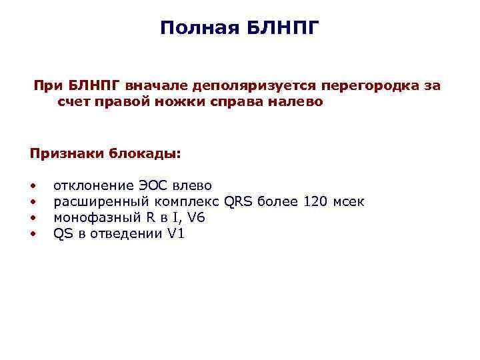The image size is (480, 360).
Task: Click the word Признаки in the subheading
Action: pyautogui.click(x=65, y=153)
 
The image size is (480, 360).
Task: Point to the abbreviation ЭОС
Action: pyautogui.click(x=158, y=185)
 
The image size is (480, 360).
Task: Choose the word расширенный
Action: pyautogui.click(x=100, y=201)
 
